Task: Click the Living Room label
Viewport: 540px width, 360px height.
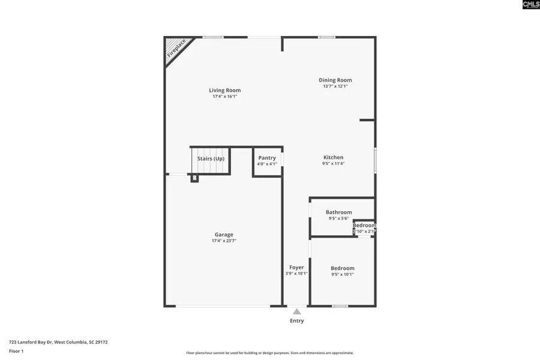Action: [x=224, y=91]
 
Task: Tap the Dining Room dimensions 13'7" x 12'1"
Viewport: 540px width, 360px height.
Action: [x=335, y=86]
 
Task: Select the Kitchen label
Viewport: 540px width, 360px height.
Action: [x=333, y=157]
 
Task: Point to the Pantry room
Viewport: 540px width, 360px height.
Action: [x=267, y=161]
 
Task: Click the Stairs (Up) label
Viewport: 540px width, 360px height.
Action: [x=211, y=158]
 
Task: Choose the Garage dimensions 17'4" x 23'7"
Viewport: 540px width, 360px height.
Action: [x=224, y=241]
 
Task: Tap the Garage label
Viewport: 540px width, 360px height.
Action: [x=224, y=235]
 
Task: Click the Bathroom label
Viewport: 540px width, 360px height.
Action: [x=338, y=212]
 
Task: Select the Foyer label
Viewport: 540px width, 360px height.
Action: [x=296, y=268]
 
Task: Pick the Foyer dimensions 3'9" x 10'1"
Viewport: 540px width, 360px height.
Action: [x=296, y=274]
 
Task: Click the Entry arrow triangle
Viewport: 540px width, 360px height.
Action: [x=296, y=311]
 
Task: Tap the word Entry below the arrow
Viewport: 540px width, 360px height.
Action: [x=296, y=321]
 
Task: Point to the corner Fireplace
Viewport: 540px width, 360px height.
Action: [x=175, y=49]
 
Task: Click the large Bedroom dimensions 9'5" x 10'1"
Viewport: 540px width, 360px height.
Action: [x=343, y=275]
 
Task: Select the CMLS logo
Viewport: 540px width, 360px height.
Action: [x=530, y=5]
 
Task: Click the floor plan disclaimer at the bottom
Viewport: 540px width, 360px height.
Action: [x=269, y=353]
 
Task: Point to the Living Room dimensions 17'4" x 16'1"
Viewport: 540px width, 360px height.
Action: [x=224, y=97]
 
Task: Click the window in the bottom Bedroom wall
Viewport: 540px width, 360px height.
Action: [x=340, y=306]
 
